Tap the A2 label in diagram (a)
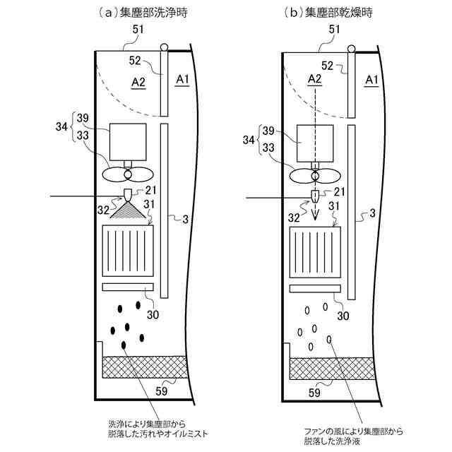coord(138,83)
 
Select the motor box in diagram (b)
coord(314,143)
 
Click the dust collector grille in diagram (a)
coord(129,251)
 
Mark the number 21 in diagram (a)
coord(150,191)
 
